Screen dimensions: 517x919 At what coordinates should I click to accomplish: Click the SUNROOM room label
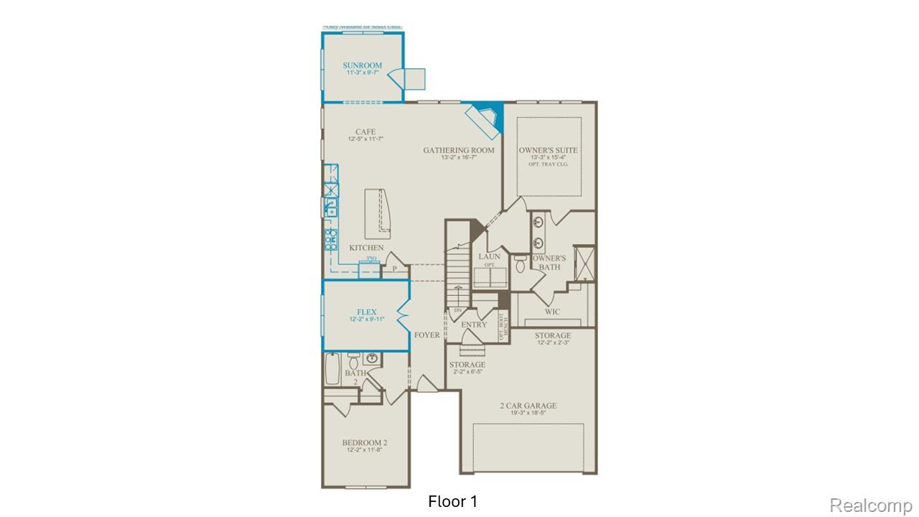[x=362, y=65]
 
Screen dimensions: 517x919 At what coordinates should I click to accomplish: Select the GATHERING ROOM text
[x=458, y=150]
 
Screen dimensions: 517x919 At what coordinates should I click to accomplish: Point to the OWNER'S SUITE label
[x=548, y=150]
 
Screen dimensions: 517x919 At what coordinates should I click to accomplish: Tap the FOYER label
[x=427, y=335]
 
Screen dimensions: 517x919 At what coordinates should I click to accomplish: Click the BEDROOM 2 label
[x=365, y=442]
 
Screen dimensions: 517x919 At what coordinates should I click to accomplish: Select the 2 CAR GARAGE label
[x=528, y=406]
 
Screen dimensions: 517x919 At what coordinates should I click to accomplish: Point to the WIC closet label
[x=552, y=312]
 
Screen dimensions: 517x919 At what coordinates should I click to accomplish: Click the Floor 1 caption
[x=452, y=501]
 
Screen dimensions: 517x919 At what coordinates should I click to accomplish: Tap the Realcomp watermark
[x=871, y=506]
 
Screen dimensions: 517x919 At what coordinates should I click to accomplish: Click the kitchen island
[x=378, y=214]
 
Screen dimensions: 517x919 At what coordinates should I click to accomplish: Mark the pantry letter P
[x=394, y=270]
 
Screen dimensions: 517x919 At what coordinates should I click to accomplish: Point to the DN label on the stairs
[x=457, y=310]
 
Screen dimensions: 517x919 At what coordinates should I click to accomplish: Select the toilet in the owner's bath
[x=521, y=264]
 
